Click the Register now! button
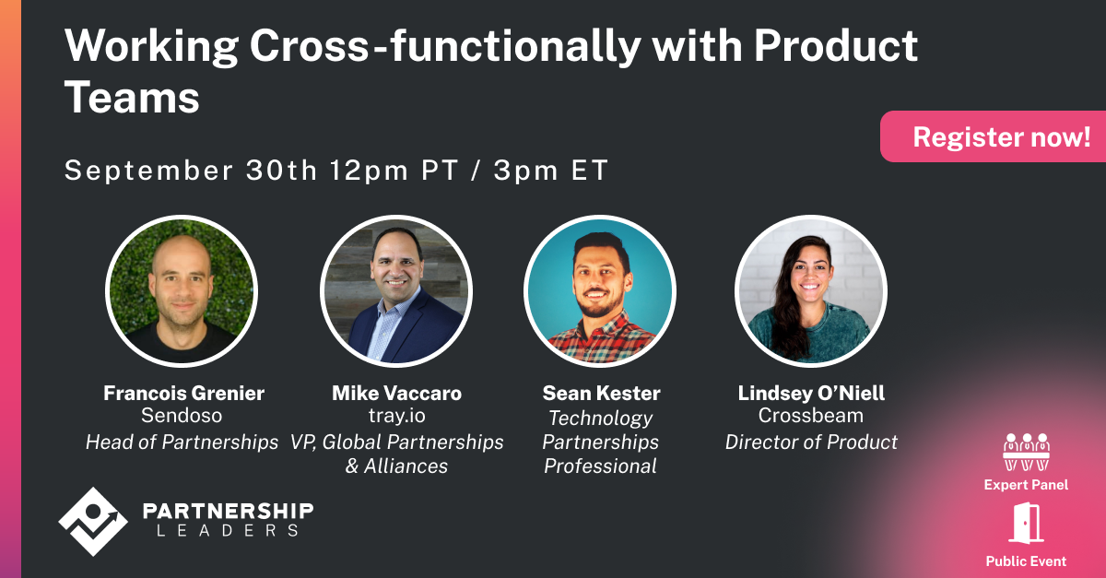(x=1001, y=137)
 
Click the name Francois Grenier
(x=183, y=394)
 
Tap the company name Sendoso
(x=182, y=417)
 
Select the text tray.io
(x=396, y=417)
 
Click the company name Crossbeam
(x=811, y=417)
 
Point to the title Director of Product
(x=811, y=442)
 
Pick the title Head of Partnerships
(x=182, y=442)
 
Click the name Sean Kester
(x=601, y=394)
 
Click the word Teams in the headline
(x=132, y=97)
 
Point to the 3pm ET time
(x=551, y=171)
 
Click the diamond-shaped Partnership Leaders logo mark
(x=90, y=521)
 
